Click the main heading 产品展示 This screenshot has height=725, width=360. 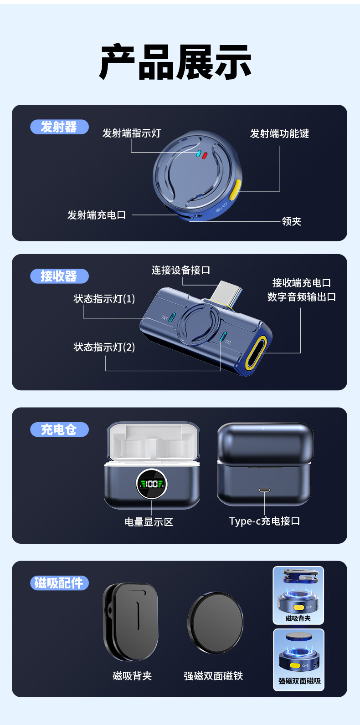[175, 61]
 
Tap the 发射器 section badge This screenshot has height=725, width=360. [59, 127]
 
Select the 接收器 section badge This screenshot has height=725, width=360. [59, 276]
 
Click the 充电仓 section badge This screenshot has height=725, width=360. [59, 429]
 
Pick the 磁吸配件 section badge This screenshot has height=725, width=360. [59, 583]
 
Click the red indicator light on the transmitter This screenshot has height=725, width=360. [205, 155]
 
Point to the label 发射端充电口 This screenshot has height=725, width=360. [97, 215]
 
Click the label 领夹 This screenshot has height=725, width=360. [291, 221]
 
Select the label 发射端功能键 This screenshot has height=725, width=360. [279, 133]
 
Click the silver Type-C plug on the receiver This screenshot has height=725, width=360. [226, 293]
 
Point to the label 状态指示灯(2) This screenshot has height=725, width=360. [104, 347]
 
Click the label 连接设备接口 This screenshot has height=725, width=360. [180, 270]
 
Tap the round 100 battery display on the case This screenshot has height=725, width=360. [151, 484]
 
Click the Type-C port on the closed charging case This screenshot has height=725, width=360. [264, 490]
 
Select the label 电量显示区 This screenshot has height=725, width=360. [149, 522]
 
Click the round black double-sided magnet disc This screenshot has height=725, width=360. [215, 623]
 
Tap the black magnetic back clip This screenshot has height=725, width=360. [131, 622]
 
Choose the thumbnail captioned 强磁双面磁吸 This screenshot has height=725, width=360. [299, 660]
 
